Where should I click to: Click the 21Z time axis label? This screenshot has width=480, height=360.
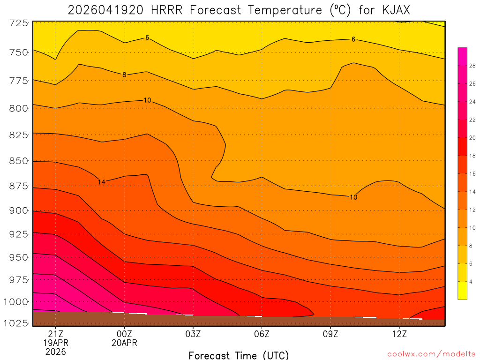point(55,334)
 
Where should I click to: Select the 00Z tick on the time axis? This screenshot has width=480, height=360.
point(124,334)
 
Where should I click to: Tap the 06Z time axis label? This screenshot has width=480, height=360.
point(262,334)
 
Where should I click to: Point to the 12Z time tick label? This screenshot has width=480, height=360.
point(399,334)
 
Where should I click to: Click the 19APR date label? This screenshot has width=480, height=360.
point(55,343)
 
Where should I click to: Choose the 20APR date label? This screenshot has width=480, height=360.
point(124,343)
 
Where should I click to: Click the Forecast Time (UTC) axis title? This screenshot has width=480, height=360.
point(239,355)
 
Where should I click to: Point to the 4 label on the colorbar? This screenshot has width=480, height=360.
point(470,281)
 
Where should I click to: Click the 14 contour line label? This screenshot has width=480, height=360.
point(101,182)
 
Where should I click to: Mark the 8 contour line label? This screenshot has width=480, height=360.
point(124,75)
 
